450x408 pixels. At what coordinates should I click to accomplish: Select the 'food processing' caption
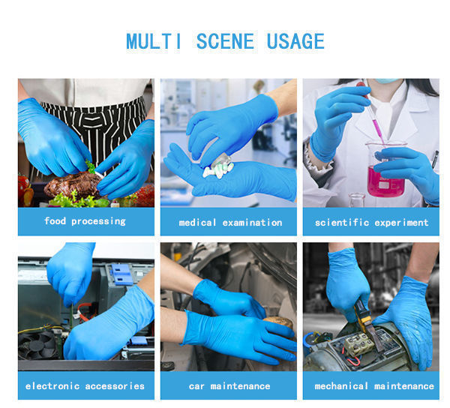click(x=85, y=221)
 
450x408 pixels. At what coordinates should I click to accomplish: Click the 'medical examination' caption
click(x=230, y=223)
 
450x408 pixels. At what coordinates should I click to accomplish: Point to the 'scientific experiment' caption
click(x=371, y=223)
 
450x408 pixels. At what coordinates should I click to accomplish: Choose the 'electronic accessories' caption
click(x=85, y=386)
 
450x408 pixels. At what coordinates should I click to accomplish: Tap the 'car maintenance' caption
click(x=229, y=386)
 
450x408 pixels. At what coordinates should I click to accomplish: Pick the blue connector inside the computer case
click(x=121, y=274)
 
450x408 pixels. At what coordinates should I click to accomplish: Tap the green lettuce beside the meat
click(x=82, y=199)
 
